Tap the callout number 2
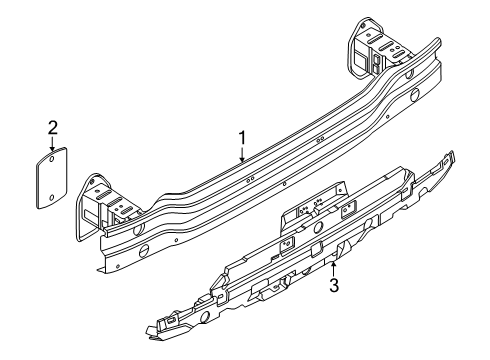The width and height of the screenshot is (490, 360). [53, 128]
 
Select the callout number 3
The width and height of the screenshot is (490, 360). [334, 285]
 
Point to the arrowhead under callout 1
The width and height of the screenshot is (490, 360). [242, 159]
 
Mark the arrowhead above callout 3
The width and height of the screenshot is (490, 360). [333, 264]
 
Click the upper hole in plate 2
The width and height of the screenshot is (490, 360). [52, 159]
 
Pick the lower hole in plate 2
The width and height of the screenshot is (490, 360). [52, 198]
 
